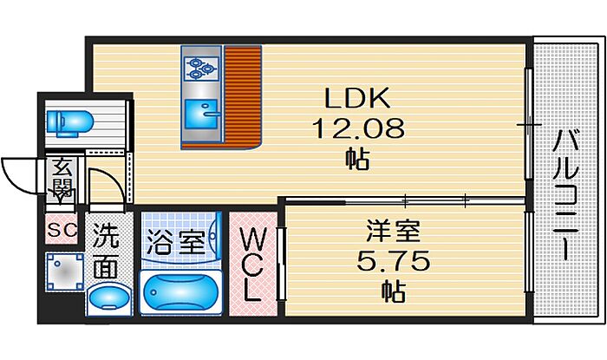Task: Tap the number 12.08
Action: click(x=358, y=130)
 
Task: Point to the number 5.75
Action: click(x=391, y=261)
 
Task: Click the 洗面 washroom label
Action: click(x=106, y=252)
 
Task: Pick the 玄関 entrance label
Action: click(x=62, y=177)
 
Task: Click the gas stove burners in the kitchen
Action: click(x=200, y=64)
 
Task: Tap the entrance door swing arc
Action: click(x=19, y=173)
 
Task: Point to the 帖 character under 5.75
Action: click(x=392, y=291)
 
